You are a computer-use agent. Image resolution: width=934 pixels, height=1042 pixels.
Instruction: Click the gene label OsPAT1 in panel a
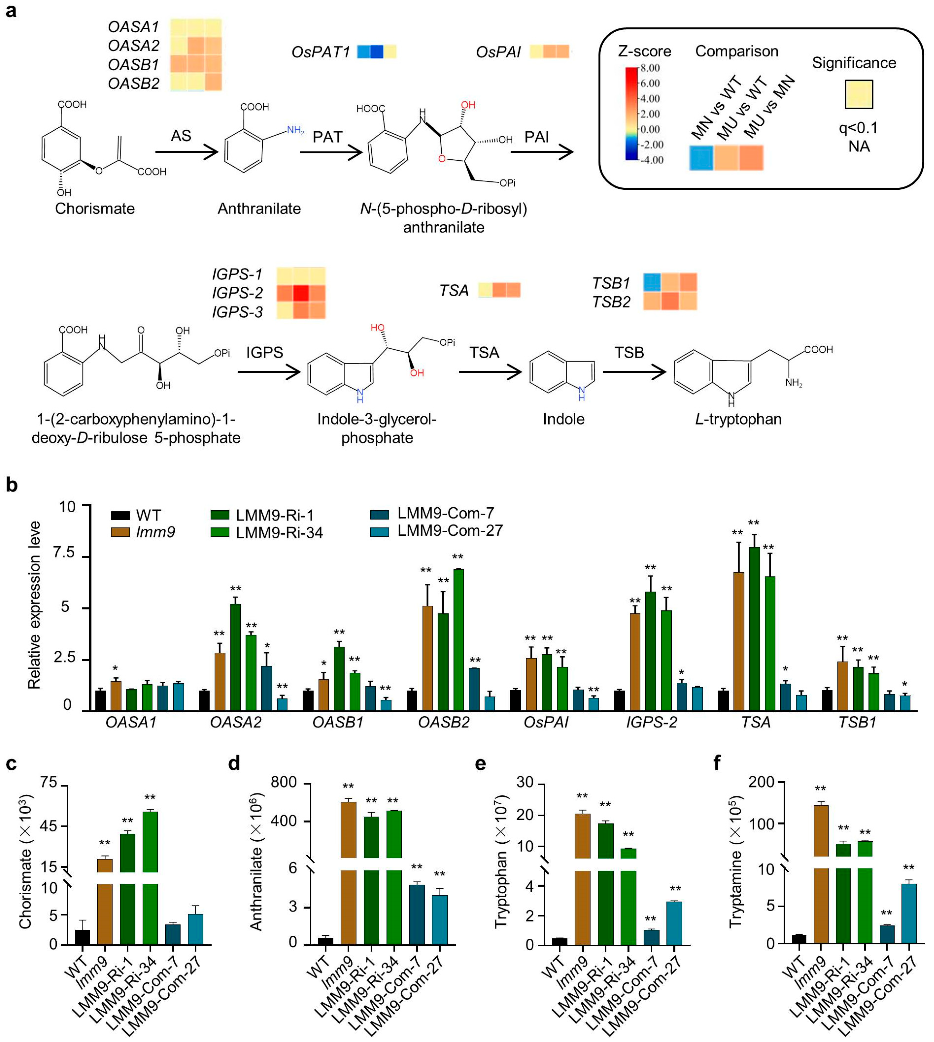pos(321,52)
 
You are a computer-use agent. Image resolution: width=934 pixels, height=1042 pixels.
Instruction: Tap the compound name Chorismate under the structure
pos(95,209)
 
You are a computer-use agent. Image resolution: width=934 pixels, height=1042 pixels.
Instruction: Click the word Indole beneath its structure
pos(563,419)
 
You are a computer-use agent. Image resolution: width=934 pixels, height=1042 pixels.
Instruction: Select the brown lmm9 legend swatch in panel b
pos(120,532)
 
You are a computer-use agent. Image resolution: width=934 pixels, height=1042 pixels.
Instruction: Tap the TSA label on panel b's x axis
pos(756,722)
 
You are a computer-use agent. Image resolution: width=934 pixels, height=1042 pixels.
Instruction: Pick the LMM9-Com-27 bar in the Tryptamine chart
pos(909,913)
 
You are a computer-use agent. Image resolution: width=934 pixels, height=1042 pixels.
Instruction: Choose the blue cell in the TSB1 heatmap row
pos(652,282)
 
